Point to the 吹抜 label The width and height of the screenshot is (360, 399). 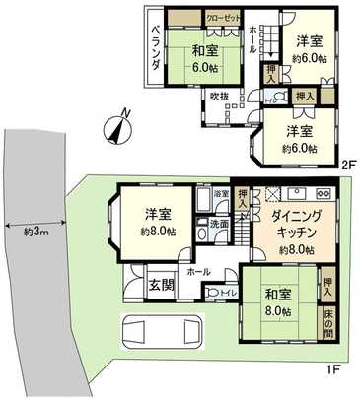(218, 97)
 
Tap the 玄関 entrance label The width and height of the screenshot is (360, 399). (160, 286)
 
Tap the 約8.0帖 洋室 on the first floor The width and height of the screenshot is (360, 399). (159, 222)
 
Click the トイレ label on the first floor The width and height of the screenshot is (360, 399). (227, 293)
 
